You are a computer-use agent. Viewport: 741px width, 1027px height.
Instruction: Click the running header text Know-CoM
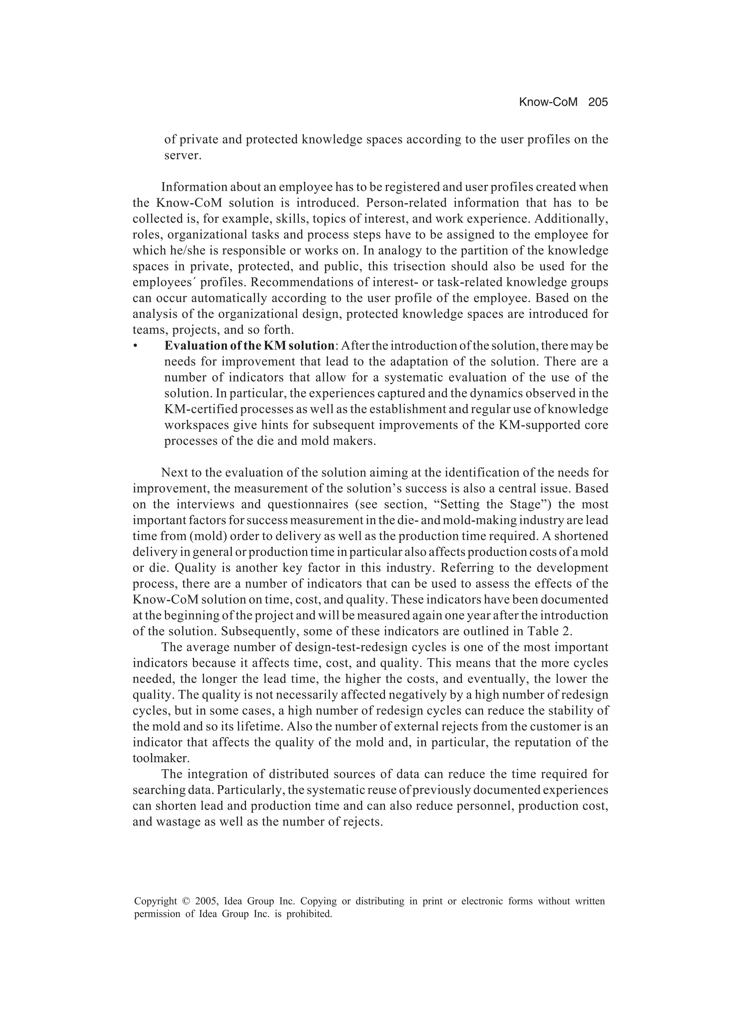point(548,102)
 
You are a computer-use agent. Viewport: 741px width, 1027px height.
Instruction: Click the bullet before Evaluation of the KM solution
point(135,346)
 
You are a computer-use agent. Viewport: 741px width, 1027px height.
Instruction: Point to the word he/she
point(188,251)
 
